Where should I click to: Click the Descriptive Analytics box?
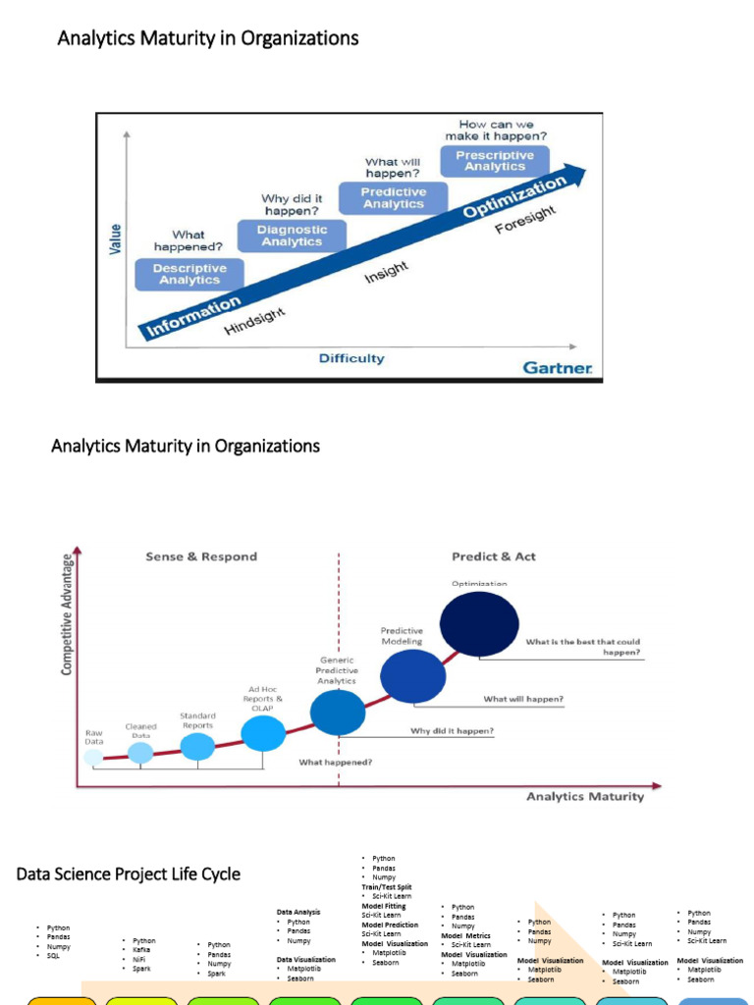[189, 274]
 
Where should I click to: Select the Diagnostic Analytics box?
[292, 236]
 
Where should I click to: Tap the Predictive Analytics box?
[393, 198]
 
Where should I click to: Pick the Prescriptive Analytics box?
[495, 161]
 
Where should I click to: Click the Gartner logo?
[557, 368]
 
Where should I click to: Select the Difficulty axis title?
[351, 358]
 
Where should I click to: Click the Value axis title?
[116, 240]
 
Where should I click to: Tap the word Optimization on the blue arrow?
[514, 197]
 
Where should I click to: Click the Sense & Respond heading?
[201, 556]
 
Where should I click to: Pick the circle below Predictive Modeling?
[412, 676]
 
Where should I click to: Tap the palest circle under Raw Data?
[93, 757]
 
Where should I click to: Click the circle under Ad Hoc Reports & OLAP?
[263, 732]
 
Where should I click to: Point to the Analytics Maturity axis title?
[585, 796]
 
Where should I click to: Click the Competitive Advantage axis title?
[68, 613]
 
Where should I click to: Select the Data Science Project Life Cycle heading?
[129, 873]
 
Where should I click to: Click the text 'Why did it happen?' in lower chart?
[452, 731]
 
